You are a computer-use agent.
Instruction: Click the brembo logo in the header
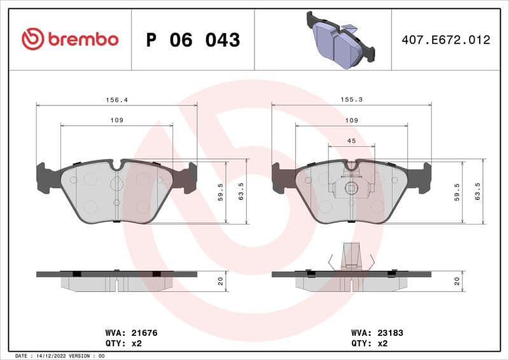[x=70, y=39]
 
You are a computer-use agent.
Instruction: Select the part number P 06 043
[x=193, y=40]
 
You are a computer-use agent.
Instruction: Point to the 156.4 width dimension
[x=115, y=100]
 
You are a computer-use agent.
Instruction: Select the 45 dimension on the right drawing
[x=351, y=141]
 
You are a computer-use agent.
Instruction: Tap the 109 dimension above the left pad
[x=116, y=120]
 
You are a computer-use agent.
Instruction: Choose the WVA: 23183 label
[x=377, y=333]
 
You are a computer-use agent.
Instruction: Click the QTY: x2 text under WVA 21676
[x=122, y=343]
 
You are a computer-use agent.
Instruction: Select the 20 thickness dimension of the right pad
[x=456, y=281]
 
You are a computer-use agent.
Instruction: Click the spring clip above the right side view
[x=351, y=257]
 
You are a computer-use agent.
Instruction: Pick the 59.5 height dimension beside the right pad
[x=456, y=192]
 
